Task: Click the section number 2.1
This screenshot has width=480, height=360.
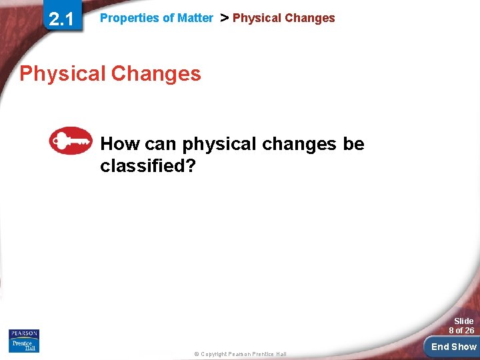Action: (x=61, y=19)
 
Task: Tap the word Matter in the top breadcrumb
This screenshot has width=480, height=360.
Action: (x=195, y=18)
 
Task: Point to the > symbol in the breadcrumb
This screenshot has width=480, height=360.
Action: (x=224, y=18)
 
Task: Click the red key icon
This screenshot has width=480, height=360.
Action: (x=71, y=141)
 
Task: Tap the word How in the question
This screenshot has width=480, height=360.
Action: (x=119, y=144)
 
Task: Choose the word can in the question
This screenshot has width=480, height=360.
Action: (x=160, y=144)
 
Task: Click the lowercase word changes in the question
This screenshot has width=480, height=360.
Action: (x=299, y=145)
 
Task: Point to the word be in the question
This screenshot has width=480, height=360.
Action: (x=354, y=144)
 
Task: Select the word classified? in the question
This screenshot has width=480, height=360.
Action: (x=147, y=166)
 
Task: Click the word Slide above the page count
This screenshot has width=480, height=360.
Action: (x=463, y=321)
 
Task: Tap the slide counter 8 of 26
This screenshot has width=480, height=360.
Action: (x=461, y=331)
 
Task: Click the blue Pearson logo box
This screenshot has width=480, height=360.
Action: (x=24, y=333)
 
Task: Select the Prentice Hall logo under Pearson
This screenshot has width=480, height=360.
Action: (x=24, y=345)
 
